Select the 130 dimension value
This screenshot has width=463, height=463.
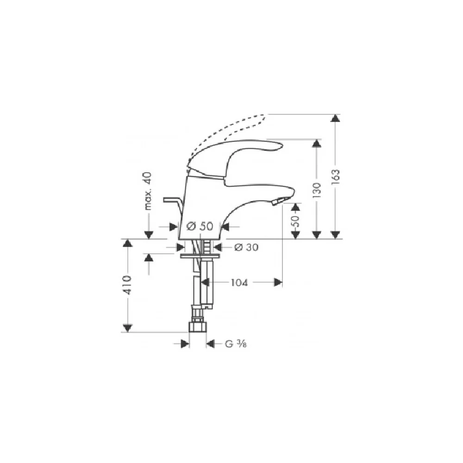317,190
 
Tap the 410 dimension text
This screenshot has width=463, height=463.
128,285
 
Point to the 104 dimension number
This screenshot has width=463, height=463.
239,282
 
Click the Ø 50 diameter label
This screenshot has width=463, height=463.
200,226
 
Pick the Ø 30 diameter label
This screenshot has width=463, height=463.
246,247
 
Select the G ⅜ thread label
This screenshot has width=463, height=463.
236,344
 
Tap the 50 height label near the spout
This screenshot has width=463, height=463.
296,220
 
